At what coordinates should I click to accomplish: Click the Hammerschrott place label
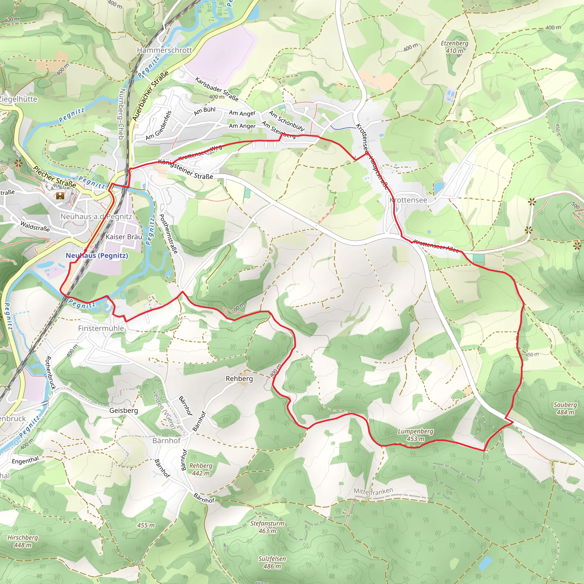click(x=165, y=50)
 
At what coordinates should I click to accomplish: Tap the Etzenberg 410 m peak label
click(x=454, y=47)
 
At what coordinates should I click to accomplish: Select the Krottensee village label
click(x=408, y=200)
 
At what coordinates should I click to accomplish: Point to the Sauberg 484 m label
click(x=565, y=408)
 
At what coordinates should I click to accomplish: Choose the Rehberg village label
click(x=239, y=379)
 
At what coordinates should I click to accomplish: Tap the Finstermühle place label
click(x=101, y=328)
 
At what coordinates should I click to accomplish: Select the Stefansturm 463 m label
click(x=267, y=527)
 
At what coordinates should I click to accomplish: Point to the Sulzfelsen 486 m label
click(x=272, y=562)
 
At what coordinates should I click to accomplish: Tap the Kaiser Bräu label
click(x=124, y=237)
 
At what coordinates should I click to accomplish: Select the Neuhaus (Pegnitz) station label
click(x=97, y=256)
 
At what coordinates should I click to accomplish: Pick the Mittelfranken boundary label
click(x=373, y=492)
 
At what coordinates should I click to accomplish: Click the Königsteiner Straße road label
click(x=186, y=169)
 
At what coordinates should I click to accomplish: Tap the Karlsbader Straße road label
click(x=217, y=89)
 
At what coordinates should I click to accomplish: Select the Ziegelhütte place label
click(x=18, y=99)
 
